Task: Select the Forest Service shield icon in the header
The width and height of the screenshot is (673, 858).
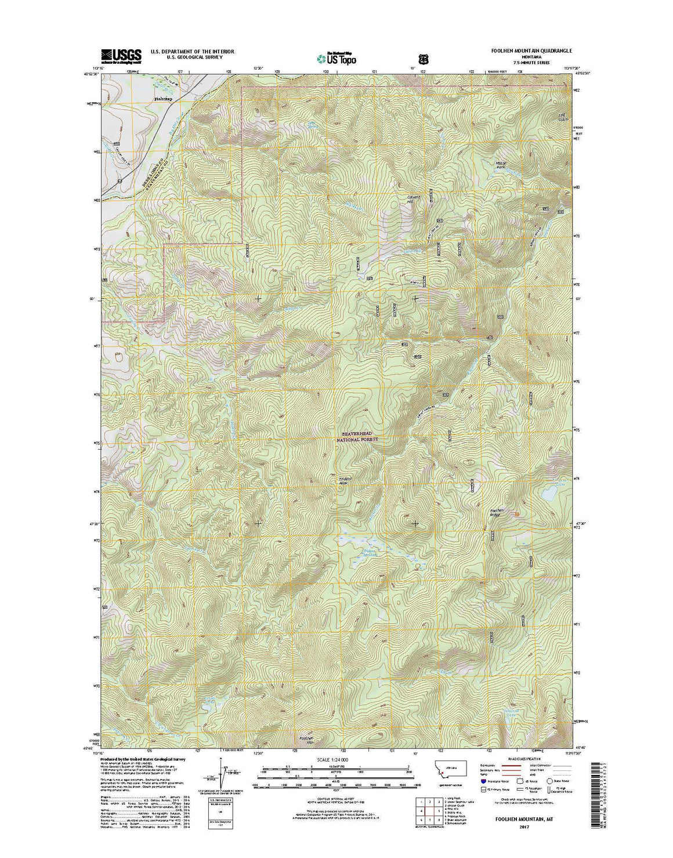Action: (422, 59)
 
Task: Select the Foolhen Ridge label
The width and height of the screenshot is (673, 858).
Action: (494, 513)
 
